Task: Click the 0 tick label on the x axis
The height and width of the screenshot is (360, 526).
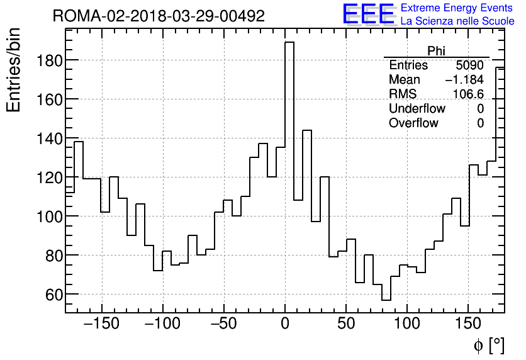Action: pyautogui.click(x=285, y=325)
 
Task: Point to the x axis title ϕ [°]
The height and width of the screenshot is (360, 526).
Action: pyautogui.click(x=488, y=345)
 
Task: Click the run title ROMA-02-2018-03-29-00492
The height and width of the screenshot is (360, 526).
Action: pyautogui.click(x=159, y=16)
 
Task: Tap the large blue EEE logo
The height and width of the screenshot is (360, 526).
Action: pyautogui.click(x=368, y=14)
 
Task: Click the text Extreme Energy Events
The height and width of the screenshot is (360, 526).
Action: pyautogui.click(x=457, y=8)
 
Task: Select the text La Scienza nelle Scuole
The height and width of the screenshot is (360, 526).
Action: pyautogui.click(x=457, y=21)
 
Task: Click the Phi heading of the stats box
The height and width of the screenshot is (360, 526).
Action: pyautogui.click(x=436, y=51)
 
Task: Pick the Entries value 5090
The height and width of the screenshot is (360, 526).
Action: pyautogui.click(x=469, y=65)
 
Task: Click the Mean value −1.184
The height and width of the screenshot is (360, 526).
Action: pyautogui.click(x=464, y=80)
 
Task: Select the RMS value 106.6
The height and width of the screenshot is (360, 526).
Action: pyautogui.click(x=468, y=94)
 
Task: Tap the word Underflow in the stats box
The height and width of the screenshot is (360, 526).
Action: pyautogui.click(x=417, y=109)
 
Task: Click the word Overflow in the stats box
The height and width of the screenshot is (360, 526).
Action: pyautogui.click(x=413, y=123)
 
